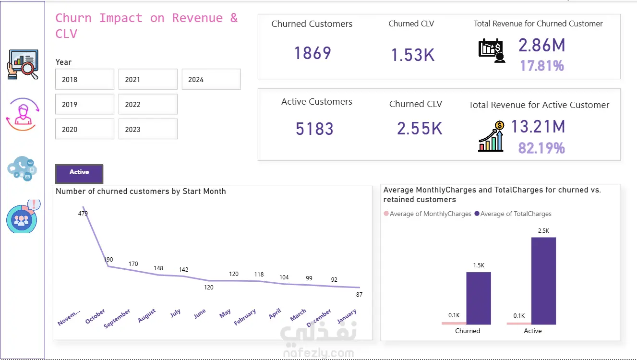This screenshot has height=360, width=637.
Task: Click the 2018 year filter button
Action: click(x=84, y=79)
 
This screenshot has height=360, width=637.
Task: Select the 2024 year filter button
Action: click(x=211, y=79)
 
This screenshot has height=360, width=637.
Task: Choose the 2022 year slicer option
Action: click(x=147, y=104)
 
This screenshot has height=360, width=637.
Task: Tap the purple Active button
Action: click(x=79, y=173)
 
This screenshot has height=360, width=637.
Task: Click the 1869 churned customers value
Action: click(x=312, y=53)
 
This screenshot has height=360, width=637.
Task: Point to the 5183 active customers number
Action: click(x=314, y=129)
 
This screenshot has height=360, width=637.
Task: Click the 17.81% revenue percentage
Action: click(x=541, y=66)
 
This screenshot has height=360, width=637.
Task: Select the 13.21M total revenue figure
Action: click(x=538, y=127)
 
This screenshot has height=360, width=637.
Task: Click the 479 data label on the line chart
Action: click(x=83, y=214)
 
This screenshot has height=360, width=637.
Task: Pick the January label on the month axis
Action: click(x=346, y=316)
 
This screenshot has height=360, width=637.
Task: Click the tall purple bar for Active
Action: click(x=543, y=281)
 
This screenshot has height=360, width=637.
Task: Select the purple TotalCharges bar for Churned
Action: click(x=479, y=298)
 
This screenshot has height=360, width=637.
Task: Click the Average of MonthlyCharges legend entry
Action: click(x=427, y=214)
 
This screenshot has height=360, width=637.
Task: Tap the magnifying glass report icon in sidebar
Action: click(x=23, y=64)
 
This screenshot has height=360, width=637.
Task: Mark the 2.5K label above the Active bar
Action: click(x=543, y=231)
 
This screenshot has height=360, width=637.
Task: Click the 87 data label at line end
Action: click(x=359, y=295)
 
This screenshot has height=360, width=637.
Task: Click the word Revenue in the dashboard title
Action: click(x=197, y=18)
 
